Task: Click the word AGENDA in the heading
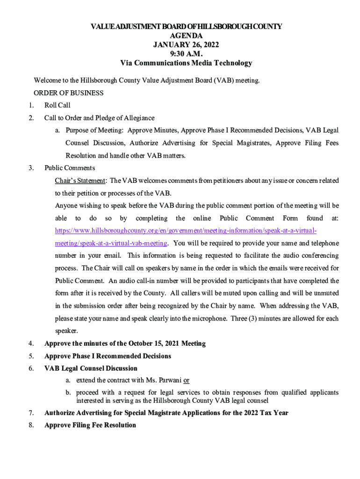tap(186, 36)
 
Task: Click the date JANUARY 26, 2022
tap(186, 45)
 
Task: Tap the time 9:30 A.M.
tap(186, 54)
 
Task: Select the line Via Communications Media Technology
tap(186, 63)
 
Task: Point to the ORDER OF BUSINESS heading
tap(69, 93)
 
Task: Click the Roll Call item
tap(58, 105)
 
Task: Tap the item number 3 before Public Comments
tap(31, 168)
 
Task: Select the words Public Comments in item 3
tap(70, 168)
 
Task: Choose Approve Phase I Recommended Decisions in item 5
tap(108, 356)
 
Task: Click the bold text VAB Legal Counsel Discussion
tap(91, 369)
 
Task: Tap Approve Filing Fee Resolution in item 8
tap(90, 425)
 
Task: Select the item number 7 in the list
tap(31, 413)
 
